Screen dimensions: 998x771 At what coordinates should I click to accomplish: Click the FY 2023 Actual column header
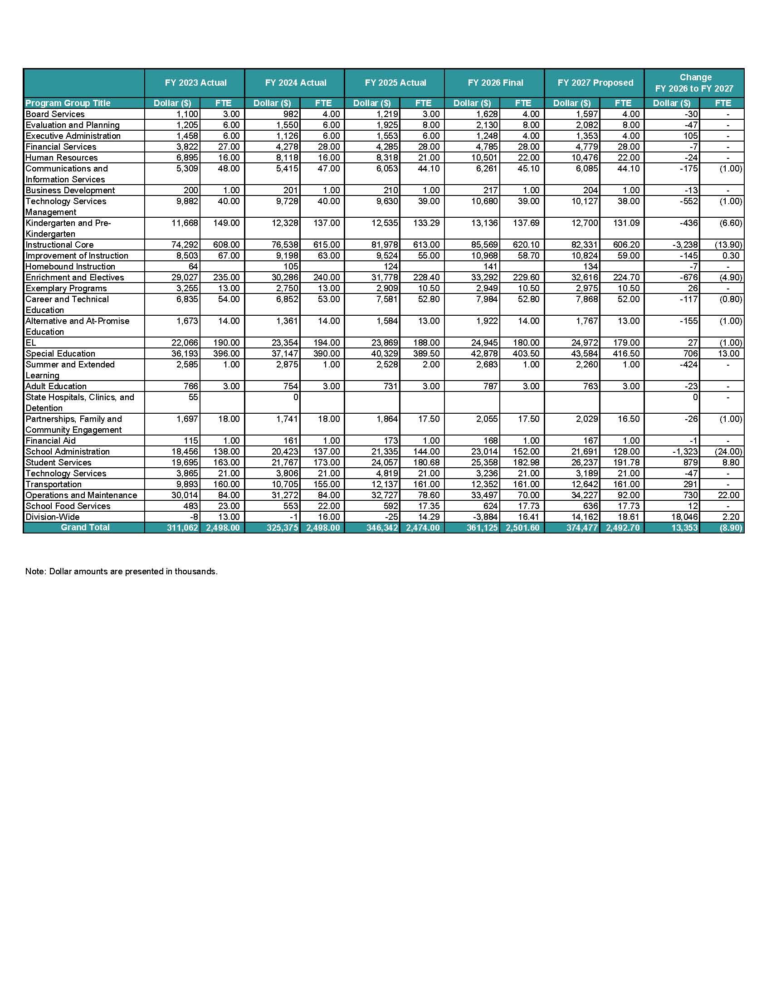pos(195,83)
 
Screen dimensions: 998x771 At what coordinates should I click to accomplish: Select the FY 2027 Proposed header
pos(595,83)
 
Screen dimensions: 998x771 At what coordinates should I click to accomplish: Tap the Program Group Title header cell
pos(68,103)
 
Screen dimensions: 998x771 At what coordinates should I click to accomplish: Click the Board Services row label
pos(55,114)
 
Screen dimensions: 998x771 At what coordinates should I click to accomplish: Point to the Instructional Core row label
pos(59,245)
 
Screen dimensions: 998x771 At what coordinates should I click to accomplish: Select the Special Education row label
pos(60,354)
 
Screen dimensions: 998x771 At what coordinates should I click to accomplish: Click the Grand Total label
pos(85,527)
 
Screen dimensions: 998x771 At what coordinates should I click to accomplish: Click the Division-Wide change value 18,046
pos(684,517)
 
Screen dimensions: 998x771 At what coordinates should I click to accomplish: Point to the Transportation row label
pos(54,484)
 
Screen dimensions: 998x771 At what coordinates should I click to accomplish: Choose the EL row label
pos(30,342)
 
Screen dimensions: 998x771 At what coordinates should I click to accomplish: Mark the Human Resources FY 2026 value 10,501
pos(484,158)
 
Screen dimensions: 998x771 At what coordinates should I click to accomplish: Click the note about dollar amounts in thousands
pos(122,572)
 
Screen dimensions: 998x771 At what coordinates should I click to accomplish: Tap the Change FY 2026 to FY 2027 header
pos(694,83)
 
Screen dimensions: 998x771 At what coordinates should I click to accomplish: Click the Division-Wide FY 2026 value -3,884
pos(484,517)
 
